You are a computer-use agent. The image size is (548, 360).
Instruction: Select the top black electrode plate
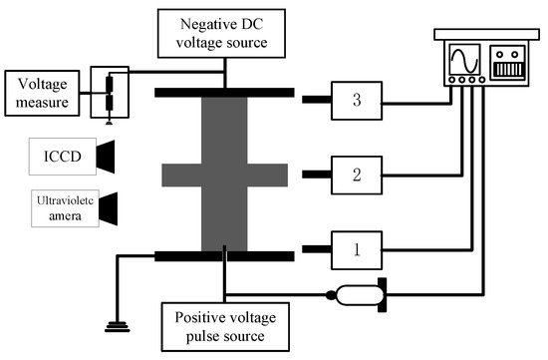click(x=224, y=93)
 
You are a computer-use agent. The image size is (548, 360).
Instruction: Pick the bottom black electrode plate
click(x=224, y=256)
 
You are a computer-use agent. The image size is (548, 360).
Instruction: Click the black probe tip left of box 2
click(x=319, y=175)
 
